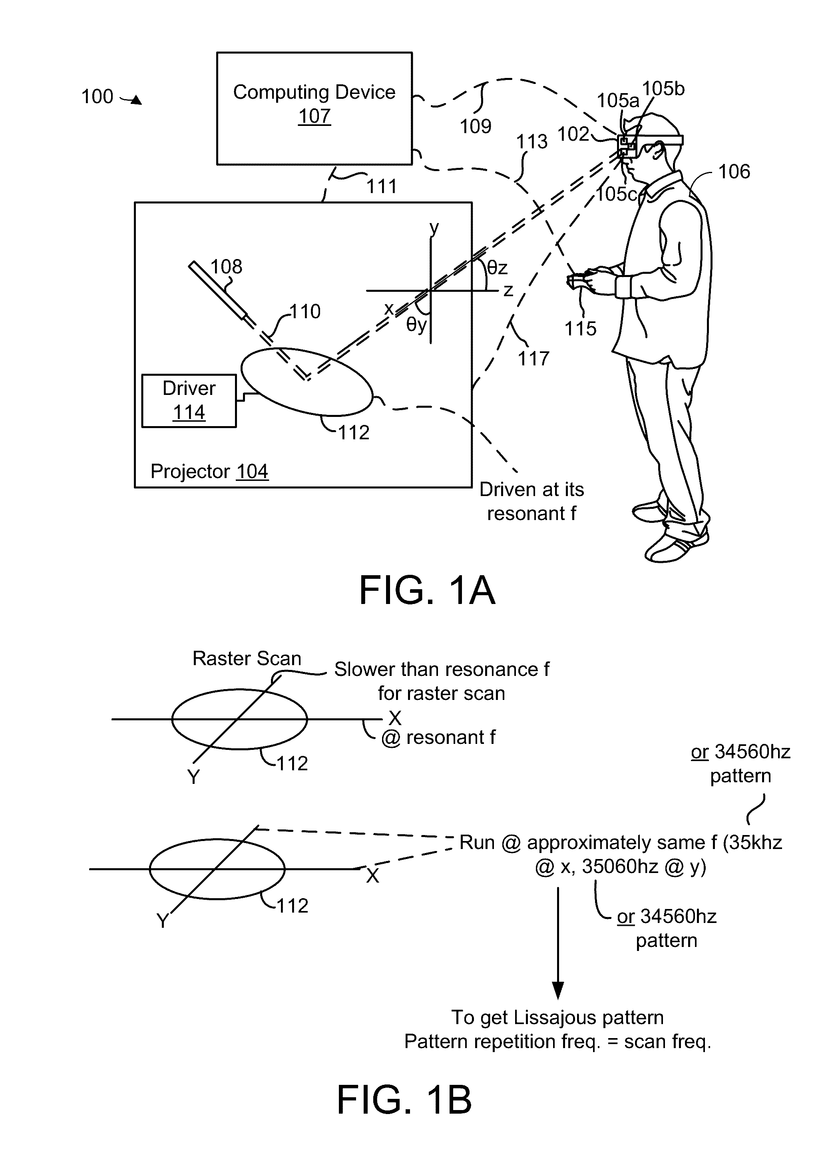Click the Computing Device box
314,108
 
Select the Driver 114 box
189,401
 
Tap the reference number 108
226,267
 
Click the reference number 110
305,311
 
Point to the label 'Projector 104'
209,472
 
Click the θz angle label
497,268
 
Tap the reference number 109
475,126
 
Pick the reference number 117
533,359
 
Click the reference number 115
580,329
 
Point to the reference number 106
734,171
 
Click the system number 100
97,96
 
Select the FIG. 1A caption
427,590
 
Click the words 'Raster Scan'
247,658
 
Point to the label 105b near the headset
663,89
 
